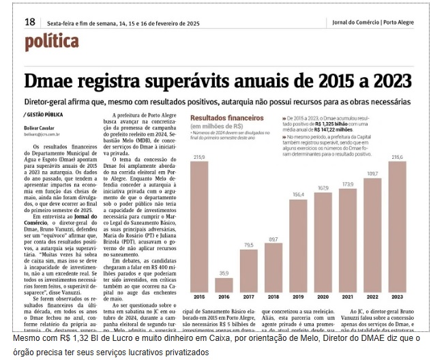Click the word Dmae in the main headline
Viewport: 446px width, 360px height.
(55, 80)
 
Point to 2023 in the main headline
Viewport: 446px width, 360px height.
(388, 80)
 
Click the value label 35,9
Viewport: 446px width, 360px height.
(224, 273)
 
